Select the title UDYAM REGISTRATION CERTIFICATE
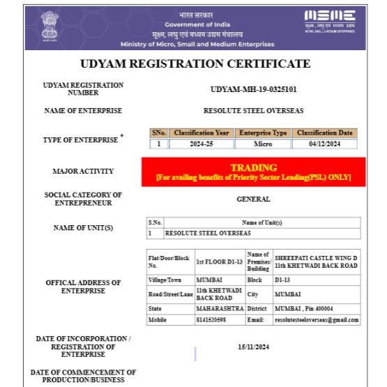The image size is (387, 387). (x=195, y=63)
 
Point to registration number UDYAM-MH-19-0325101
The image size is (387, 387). (x=253, y=89)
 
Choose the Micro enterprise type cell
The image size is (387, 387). (x=262, y=144)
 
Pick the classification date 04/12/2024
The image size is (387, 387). (x=324, y=144)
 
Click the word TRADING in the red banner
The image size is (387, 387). (x=253, y=167)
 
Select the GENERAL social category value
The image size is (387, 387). (x=253, y=199)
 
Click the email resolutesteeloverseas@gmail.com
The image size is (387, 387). (x=317, y=319)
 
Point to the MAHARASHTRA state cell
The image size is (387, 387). (x=220, y=308)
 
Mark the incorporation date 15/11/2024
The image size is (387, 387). (x=253, y=347)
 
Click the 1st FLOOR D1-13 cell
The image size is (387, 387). (x=220, y=261)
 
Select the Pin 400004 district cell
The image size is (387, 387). (x=317, y=308)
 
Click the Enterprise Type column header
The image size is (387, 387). (x=262, y=132)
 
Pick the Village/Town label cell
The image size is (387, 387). (x=170, y=278)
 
